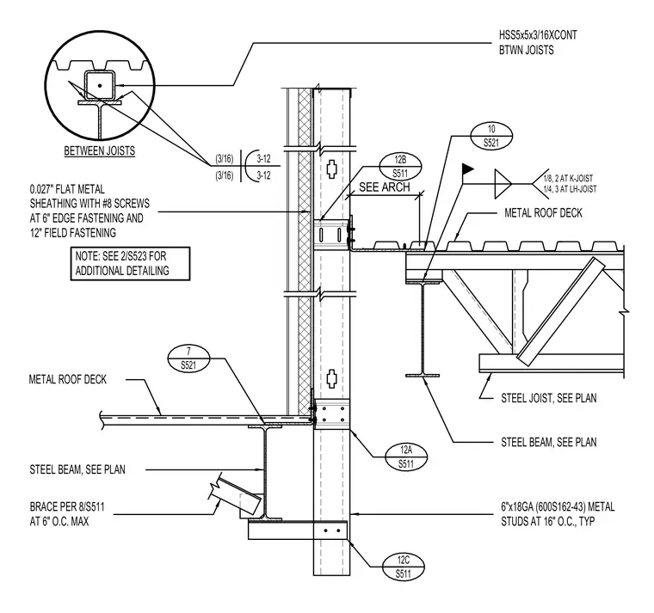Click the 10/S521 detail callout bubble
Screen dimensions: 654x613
[490, 136]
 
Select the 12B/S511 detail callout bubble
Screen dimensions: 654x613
[400, 167]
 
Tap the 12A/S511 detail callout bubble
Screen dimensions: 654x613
[406, 457]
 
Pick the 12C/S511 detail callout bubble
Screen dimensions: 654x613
[403, 567]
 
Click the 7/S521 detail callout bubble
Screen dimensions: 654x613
[188, 359]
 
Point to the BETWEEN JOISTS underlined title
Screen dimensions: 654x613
[100, 150]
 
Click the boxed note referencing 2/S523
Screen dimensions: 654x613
[130, 263]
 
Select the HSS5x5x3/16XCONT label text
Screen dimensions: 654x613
[538, 35]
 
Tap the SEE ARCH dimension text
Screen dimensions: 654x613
[385, 187]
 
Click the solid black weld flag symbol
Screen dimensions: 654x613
[467, 169]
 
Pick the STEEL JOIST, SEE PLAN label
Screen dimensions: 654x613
[548, 398]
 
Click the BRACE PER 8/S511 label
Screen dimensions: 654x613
[67, 514]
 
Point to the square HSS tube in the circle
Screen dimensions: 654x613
[100, 85]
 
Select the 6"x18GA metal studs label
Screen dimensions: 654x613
[558, 514]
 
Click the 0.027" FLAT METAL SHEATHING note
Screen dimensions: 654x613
[89, 211]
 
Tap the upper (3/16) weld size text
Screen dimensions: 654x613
[225, 159]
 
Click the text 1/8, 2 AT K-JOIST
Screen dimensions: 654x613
[568, 178]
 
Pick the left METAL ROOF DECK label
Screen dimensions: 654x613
[68, 379]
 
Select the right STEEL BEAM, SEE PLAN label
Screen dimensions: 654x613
[548, 442]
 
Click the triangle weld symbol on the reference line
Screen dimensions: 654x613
[503, 184]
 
